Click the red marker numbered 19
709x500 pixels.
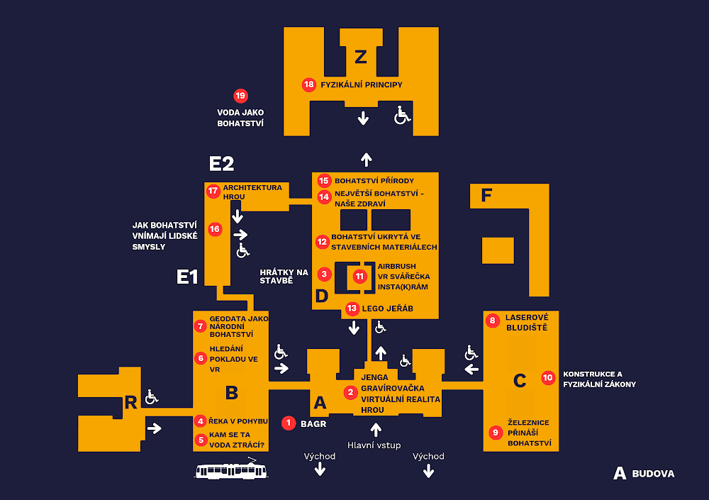240,96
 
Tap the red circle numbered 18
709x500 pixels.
308,84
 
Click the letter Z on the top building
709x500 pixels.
361,55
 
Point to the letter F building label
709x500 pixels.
486,195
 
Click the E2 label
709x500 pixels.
221,164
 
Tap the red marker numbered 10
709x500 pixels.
547,378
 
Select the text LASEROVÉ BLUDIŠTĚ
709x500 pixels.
527,323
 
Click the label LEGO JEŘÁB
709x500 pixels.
387,309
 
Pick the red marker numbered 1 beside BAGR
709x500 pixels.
289,423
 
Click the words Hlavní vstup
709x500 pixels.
374,445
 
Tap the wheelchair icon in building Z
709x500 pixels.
403,115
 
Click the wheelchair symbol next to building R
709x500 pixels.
151,397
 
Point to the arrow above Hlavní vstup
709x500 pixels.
376,428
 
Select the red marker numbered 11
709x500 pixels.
360,276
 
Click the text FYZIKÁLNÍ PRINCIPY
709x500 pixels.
362,84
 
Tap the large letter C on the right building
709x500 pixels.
519,381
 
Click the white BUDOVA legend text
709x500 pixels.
653,474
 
